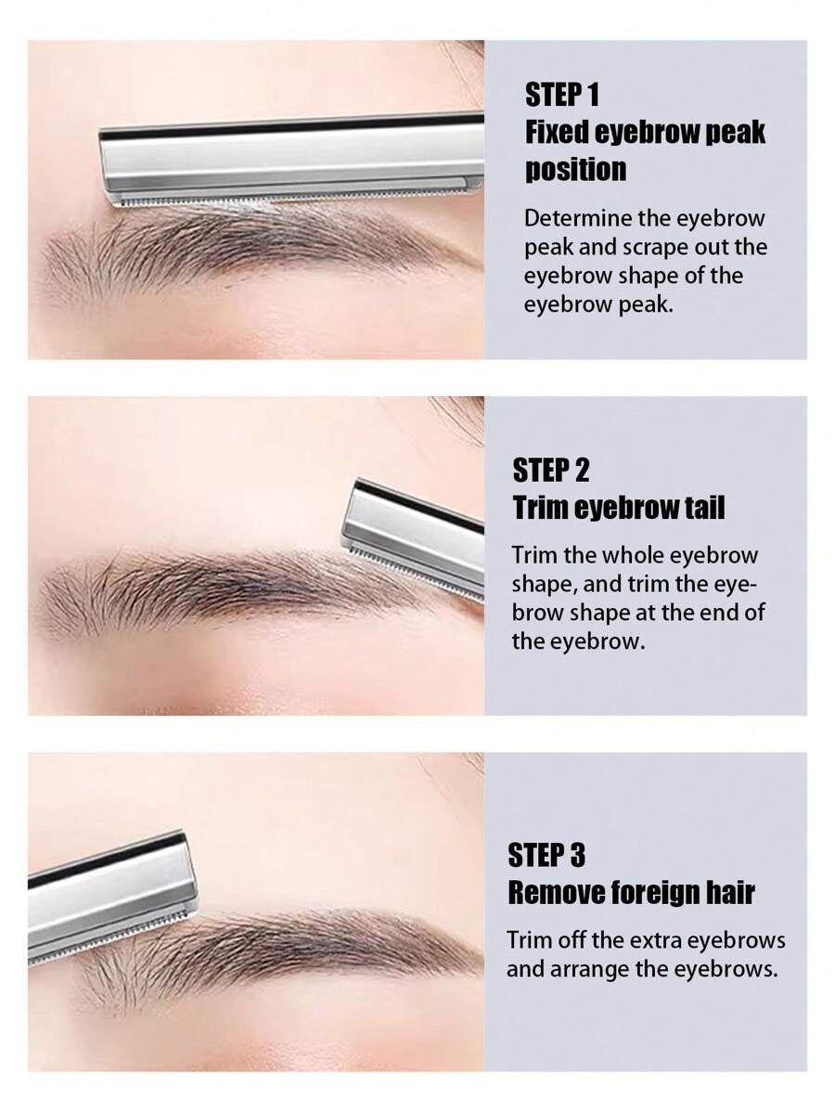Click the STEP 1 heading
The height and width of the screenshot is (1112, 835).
click(x=562, y=95)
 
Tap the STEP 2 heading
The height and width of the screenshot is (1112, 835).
click(x=551, y=471)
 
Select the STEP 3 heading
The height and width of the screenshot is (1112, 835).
click(x=546, y=855)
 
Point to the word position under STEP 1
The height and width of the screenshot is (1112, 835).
click(x=575, y=171)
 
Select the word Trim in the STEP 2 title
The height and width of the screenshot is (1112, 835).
click(x=539, y=509)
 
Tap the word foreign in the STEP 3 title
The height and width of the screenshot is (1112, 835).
click(x=655, y=893)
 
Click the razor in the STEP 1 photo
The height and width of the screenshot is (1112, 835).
click(x=291, y=161)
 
